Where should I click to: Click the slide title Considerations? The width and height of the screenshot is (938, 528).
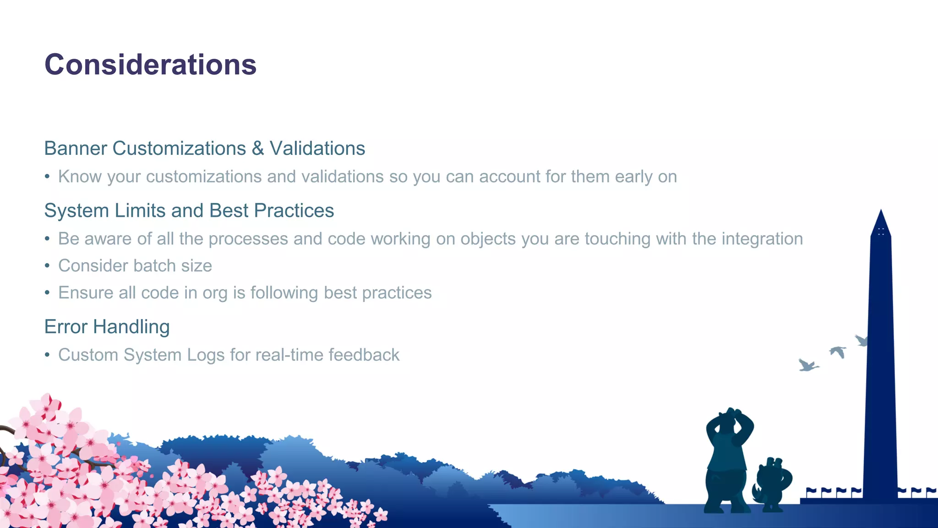tap(150, 65)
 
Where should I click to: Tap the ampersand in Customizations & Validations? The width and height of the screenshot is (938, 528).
tap(258, 148)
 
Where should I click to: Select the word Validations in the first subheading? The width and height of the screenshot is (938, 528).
tap(317, 148)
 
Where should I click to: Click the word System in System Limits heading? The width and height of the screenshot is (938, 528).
tap(76, 211)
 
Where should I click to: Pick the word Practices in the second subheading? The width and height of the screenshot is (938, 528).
tap(294, 211)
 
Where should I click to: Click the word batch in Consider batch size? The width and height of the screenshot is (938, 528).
tap(155, 266)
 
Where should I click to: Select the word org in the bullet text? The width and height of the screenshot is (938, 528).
tap(215, 293)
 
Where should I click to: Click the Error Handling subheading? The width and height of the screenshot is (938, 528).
tap(107, 327)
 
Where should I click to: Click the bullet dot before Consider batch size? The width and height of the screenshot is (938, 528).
tap(47, 266)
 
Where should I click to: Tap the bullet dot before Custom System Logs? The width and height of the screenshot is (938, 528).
tap(47, 355)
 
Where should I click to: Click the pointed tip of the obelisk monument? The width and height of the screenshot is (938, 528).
tap(881, 212)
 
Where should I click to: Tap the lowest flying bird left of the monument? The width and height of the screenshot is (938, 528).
tap(807, 365)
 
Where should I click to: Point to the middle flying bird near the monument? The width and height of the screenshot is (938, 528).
tap(838, 352)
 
